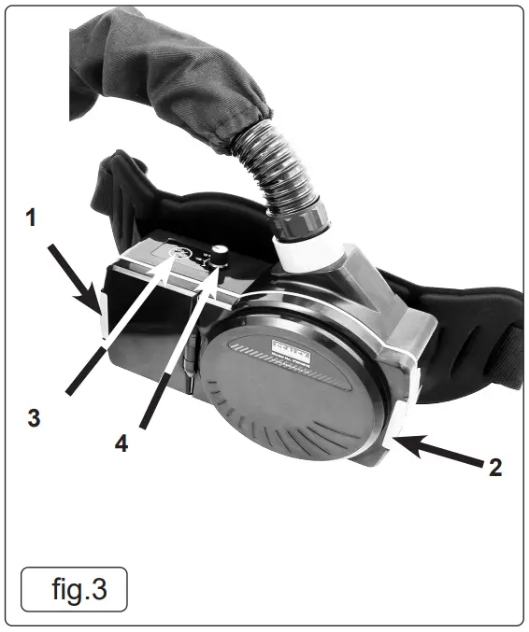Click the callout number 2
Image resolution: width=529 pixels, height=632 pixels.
point(494,467)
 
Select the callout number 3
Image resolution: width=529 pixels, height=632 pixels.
point(34,418)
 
